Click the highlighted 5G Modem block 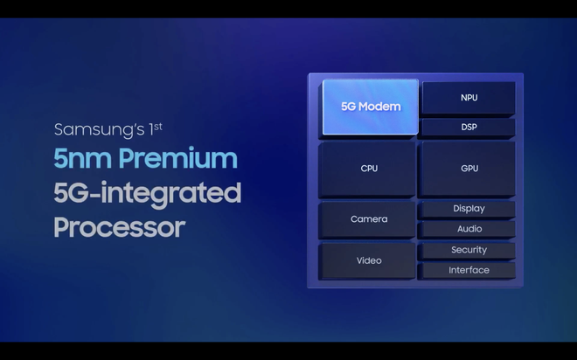point(371,107)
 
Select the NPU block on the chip point(469,98)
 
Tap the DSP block point(469,128)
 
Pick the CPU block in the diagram point(369,168)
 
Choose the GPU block point(469,168)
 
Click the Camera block point(369,218)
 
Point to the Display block point(469,209)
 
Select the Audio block point(469,229)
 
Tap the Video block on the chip point(369,260)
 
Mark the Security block point(469,250)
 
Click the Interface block point(469,270)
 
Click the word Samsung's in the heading point(96,130)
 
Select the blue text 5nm point(83,159)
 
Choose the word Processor point(119,227)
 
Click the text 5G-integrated point(147,193)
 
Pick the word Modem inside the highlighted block point(381,107)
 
